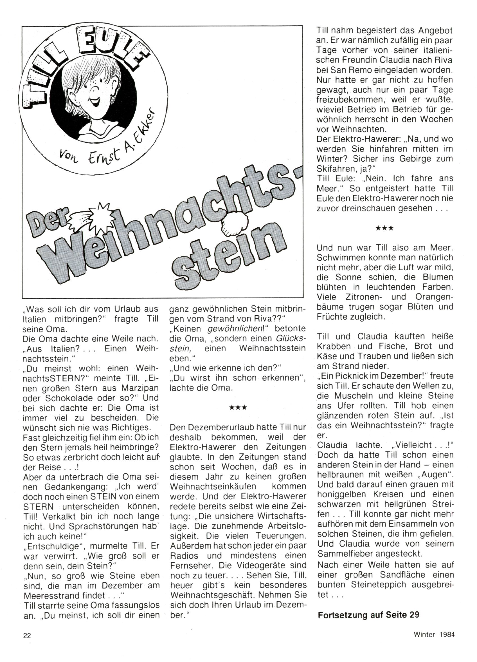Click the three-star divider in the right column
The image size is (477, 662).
[x=385, y=228]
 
